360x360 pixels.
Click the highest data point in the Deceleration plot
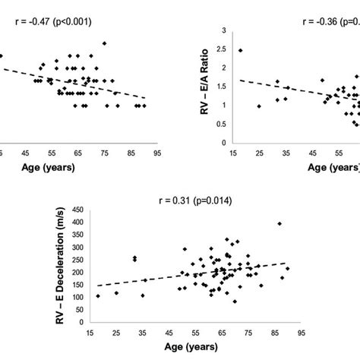click(x=279, y=224)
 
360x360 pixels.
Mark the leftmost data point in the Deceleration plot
click(x=98, y=296)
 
